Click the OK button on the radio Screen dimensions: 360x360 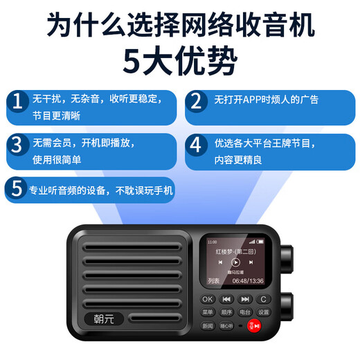[x=208, y=299]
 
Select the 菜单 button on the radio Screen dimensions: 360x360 [x=208, y=312]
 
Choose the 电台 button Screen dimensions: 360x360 [x=245, y=312]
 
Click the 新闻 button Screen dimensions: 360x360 [x=208, y=325]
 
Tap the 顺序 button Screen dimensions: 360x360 [x=226, y=312]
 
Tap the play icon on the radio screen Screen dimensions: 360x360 [x=236, y=262]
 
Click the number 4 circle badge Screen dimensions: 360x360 [x=196, y=146]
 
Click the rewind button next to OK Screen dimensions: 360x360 [x=226, y=299]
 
